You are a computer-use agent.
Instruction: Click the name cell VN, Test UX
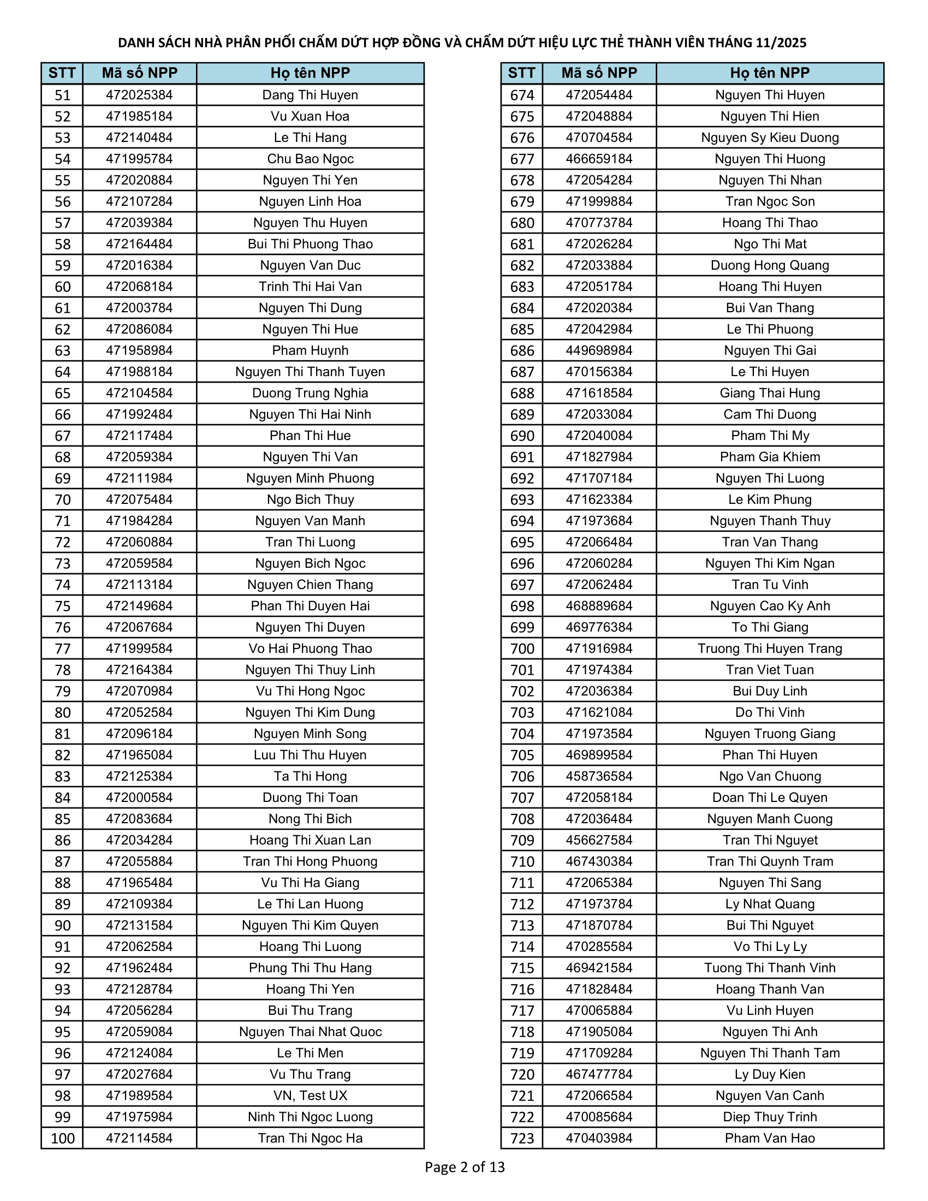pos(310,1096)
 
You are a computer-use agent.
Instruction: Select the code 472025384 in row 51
pos(139,95)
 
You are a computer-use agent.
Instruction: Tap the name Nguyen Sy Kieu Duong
pos(770,138)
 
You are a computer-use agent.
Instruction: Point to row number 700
pos(522,649)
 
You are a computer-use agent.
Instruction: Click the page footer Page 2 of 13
pos(465,1167)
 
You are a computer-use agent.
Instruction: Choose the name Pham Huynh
pos(310,350)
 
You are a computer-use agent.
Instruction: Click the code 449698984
pos(599,350)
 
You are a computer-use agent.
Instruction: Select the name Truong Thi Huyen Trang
pos(770,649)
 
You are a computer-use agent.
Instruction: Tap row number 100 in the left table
pos(62,1138)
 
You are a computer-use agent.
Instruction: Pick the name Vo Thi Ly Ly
pos(770,947)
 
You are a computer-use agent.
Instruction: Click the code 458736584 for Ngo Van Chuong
pos(599,776)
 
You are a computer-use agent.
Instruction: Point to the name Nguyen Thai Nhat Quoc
pos(310,1032)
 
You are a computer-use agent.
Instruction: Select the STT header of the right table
pos(521,73)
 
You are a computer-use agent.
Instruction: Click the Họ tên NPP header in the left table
pos(310,73)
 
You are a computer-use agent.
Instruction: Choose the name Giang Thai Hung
pos(770,393)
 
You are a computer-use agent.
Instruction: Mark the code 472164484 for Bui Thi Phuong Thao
pos(139,244)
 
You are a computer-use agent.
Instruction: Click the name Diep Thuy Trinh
pos(770,1117)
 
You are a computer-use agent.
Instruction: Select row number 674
pos(522,95)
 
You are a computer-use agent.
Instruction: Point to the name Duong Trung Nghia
pos(310,393)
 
